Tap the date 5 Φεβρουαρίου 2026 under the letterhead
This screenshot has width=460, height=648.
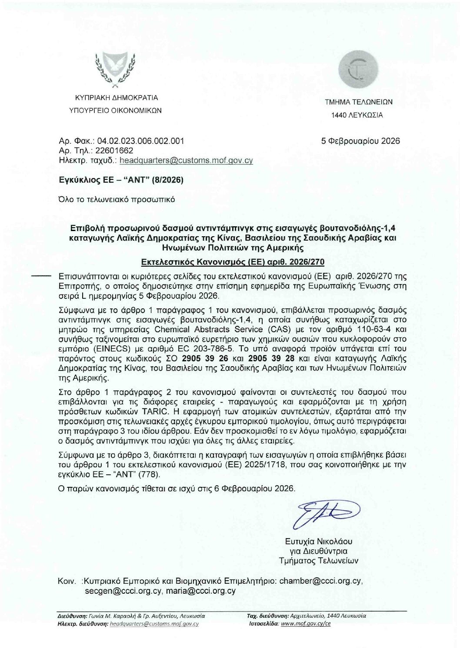(360, 141)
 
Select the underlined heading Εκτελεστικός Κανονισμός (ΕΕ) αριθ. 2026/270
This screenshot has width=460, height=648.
(230, 262)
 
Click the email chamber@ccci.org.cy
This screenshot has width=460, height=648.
(320, 581)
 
